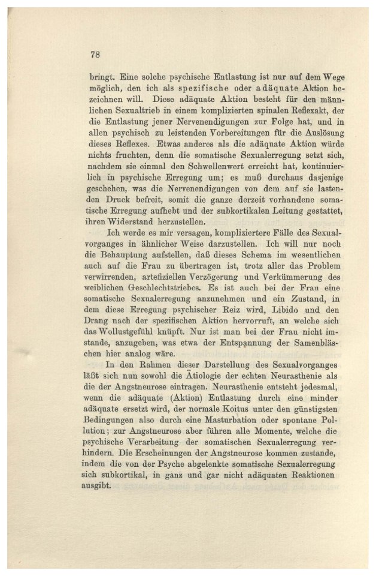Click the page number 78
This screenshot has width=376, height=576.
point(94,55)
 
